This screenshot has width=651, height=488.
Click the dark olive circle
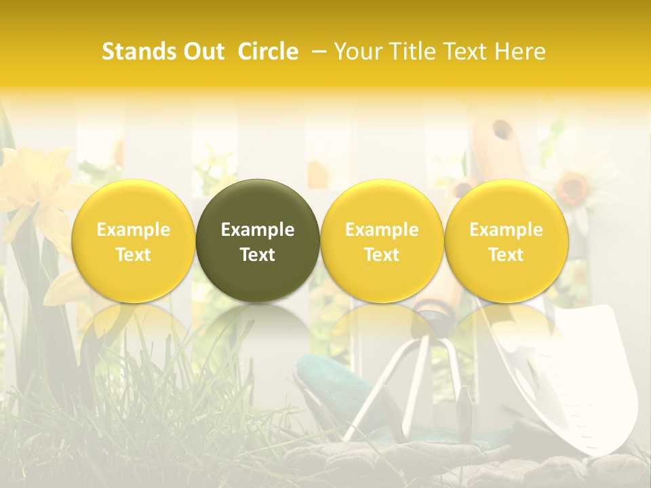point(258,241)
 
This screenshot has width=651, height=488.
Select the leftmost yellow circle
point(133,241)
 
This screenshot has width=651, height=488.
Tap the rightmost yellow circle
point(506,241)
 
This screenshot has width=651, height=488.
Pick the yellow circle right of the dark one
point(382,241)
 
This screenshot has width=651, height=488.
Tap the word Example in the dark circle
point(258,230)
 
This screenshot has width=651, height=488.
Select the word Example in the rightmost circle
point(506,230)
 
